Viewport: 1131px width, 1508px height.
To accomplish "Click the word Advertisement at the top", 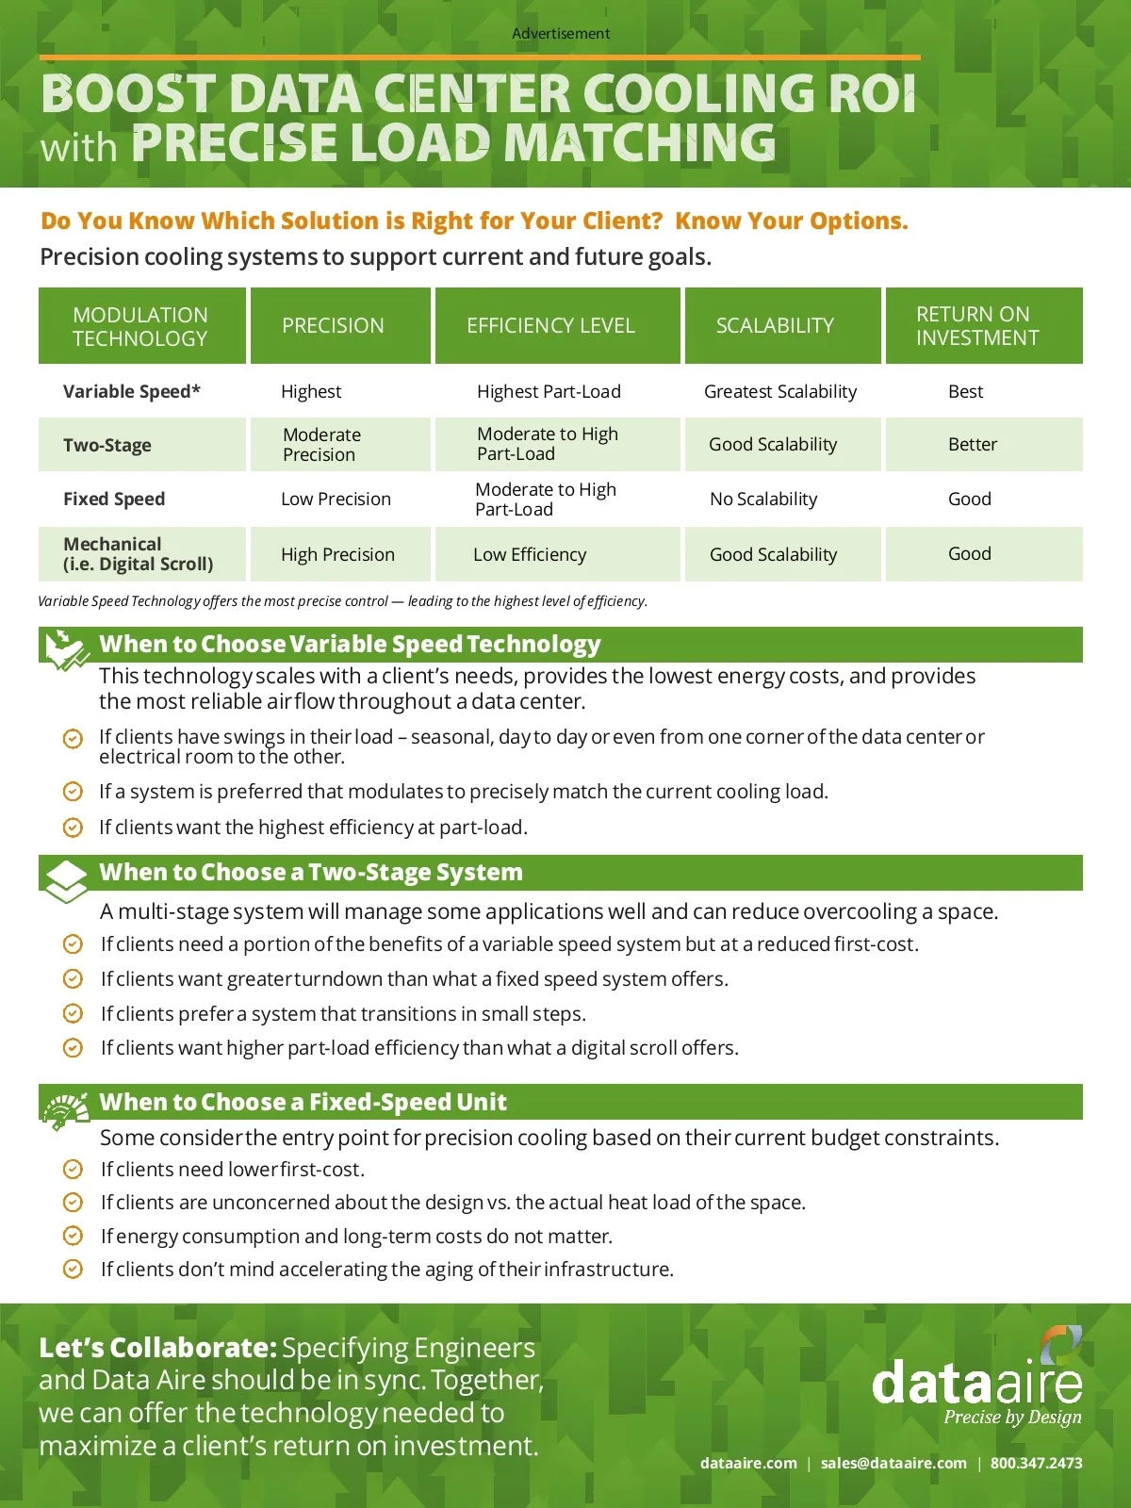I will pos(561,34).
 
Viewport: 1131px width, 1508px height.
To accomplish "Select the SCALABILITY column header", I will pos(775,326).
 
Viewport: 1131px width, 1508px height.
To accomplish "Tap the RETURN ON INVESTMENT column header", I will pos(977,326).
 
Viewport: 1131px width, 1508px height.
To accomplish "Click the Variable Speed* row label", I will pos(131,392).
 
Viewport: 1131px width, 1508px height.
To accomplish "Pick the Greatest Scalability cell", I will pos(780,392).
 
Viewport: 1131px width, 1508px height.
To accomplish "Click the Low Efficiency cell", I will pos(530,555).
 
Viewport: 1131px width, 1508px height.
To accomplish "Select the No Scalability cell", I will pos(763,500).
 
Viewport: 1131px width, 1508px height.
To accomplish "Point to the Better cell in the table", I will pos(972,445).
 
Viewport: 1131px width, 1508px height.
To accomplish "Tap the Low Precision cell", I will pos(336,500).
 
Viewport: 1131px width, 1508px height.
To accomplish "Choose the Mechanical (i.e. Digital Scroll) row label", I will pos(138,554).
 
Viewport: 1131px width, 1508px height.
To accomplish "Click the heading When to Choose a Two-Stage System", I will pos(311,873).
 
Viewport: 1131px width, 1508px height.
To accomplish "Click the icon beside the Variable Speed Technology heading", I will pos(67,648).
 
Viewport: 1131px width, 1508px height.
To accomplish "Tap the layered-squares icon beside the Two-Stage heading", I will pos(66,880).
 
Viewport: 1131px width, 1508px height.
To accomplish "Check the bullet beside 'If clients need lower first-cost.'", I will pos(73,1170).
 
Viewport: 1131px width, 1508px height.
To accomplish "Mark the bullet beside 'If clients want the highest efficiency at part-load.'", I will pos(73,828).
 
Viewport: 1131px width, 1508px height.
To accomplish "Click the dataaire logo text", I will pos(976,1384).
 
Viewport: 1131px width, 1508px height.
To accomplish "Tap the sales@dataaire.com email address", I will pos(893,1464).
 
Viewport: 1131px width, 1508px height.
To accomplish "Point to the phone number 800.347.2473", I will pos(1036,1464).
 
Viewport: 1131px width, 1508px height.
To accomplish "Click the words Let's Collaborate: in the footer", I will pos(157,1349).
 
